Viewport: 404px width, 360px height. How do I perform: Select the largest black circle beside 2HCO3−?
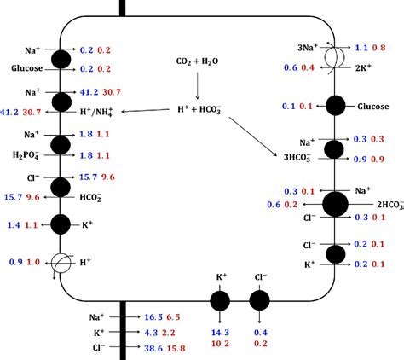point(335,205)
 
